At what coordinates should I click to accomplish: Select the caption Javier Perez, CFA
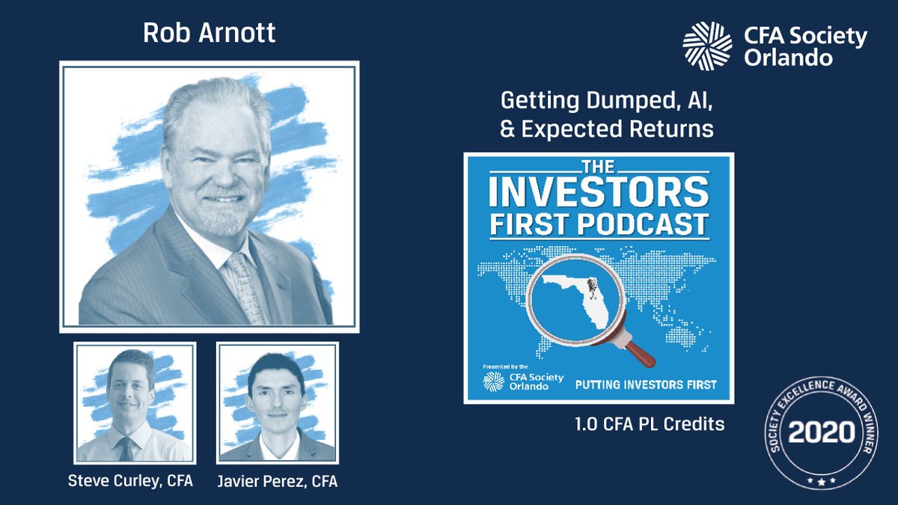(278, 481)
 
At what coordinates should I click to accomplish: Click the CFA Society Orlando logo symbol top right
(706, 46)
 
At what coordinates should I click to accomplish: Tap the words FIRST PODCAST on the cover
(598, 224)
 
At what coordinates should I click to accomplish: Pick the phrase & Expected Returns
(606, 129)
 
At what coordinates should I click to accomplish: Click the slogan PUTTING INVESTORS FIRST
(645, 385)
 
